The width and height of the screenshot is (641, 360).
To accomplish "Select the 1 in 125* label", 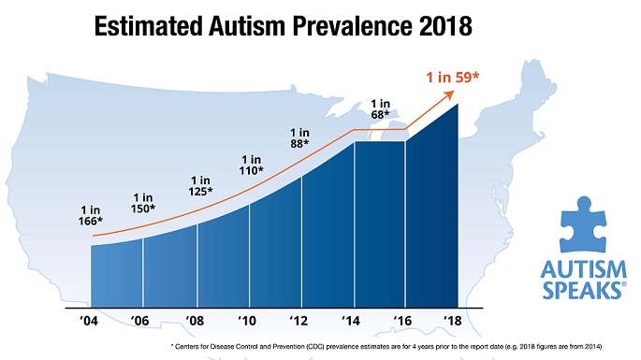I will tap(200, 185).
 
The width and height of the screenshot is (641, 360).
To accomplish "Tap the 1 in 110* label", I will tap(252, 166).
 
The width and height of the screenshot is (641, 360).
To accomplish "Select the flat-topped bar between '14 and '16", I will tap(380, 224).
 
